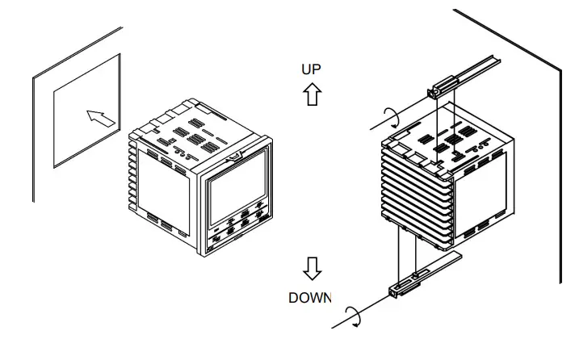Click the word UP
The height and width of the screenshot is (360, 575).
(x=311, y=69)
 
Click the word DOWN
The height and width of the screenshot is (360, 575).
(x=310, y=298)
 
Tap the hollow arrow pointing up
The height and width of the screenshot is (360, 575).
(x=311, y=94)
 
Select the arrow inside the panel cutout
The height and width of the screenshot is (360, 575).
(x=99, y=119)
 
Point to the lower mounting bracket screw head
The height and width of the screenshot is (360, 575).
(x=397, y=291)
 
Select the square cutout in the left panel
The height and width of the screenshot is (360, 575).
(x=86, y=111)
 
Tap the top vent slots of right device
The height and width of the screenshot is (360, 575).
(x=452, y=137)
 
